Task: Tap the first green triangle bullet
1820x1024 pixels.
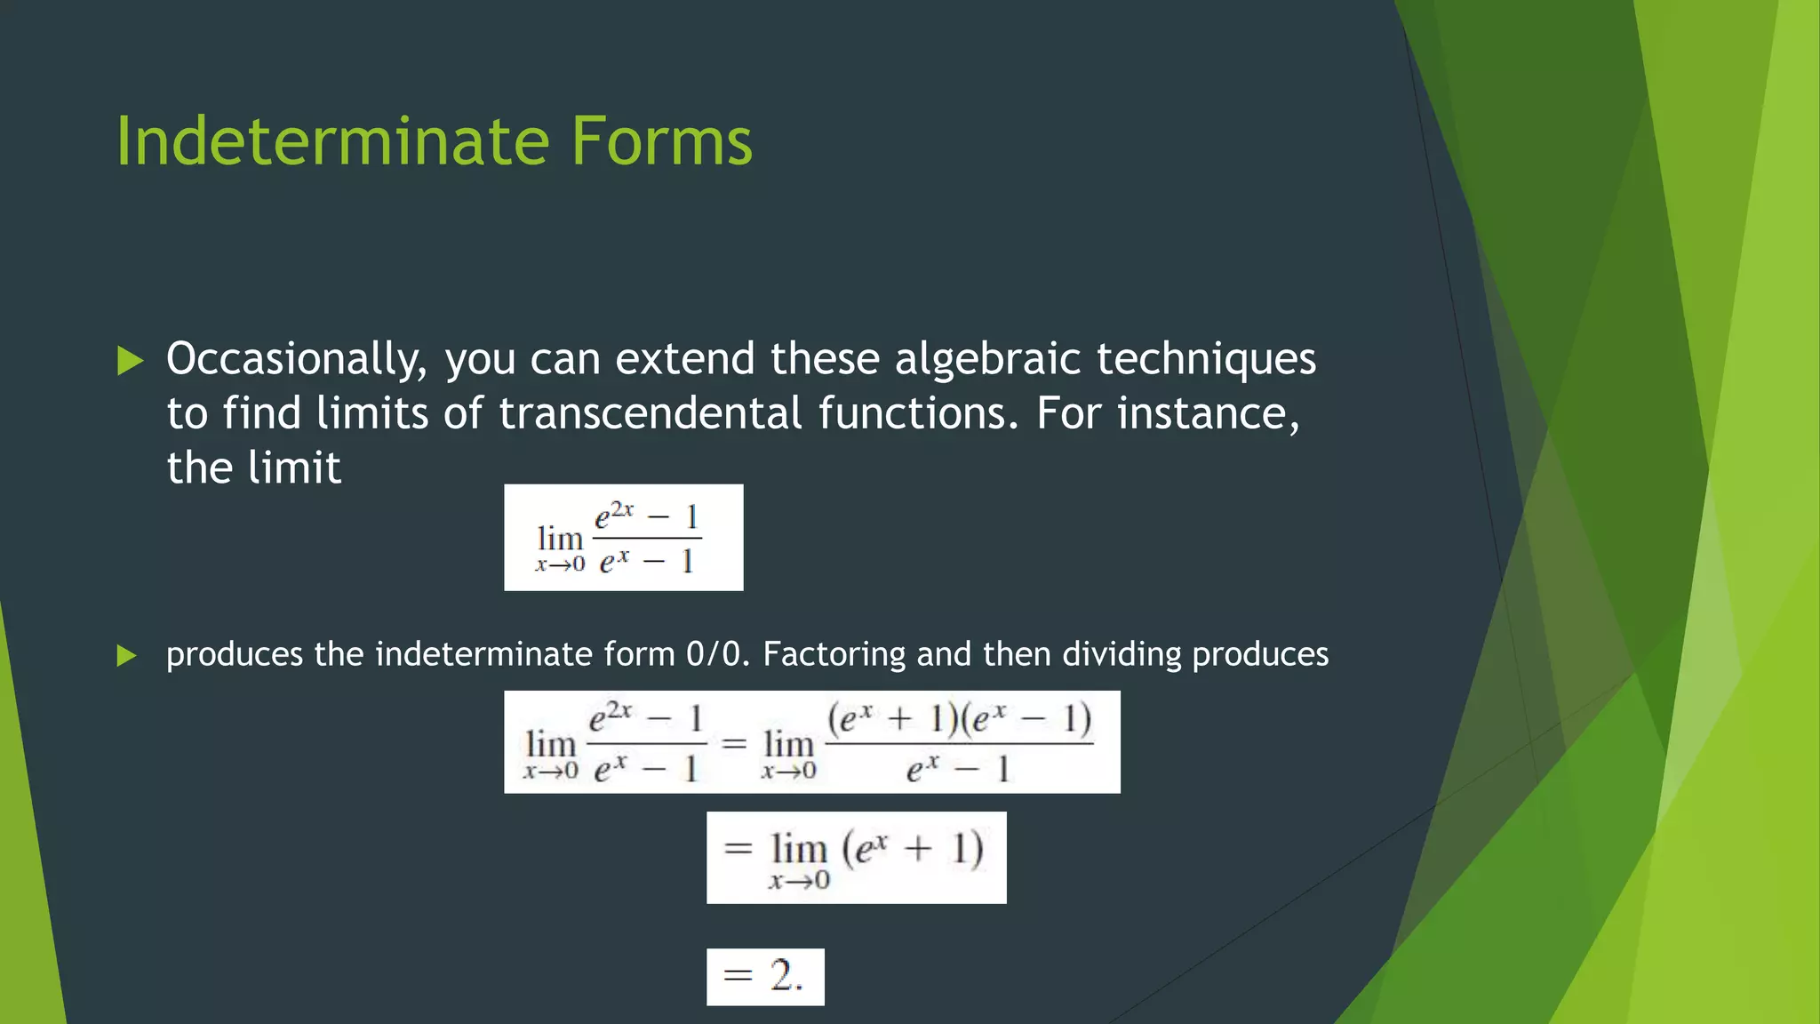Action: (x=130, y=361)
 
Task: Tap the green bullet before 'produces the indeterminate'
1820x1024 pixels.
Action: (x=127, y=656)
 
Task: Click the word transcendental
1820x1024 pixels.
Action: (x=651, y=413)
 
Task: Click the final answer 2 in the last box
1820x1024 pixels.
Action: (x=784, y=976)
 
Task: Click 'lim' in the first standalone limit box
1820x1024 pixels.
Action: (x=560, y=539)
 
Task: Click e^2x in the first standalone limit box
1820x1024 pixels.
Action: (x=614, y=515)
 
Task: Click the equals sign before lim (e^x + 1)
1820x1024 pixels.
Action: (x=738, y=848)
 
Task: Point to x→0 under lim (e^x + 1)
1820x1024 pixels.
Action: (x=799, y=881)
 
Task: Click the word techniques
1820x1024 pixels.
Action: (x=1206, y=359)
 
